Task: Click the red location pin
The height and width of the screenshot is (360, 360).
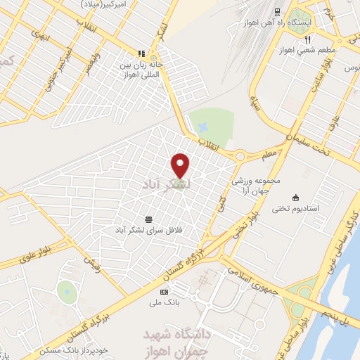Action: (x=181, y=164)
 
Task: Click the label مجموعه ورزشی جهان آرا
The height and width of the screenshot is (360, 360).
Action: (x=261, y=184)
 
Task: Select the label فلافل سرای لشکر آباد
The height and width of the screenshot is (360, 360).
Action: (x=148, y=230)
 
